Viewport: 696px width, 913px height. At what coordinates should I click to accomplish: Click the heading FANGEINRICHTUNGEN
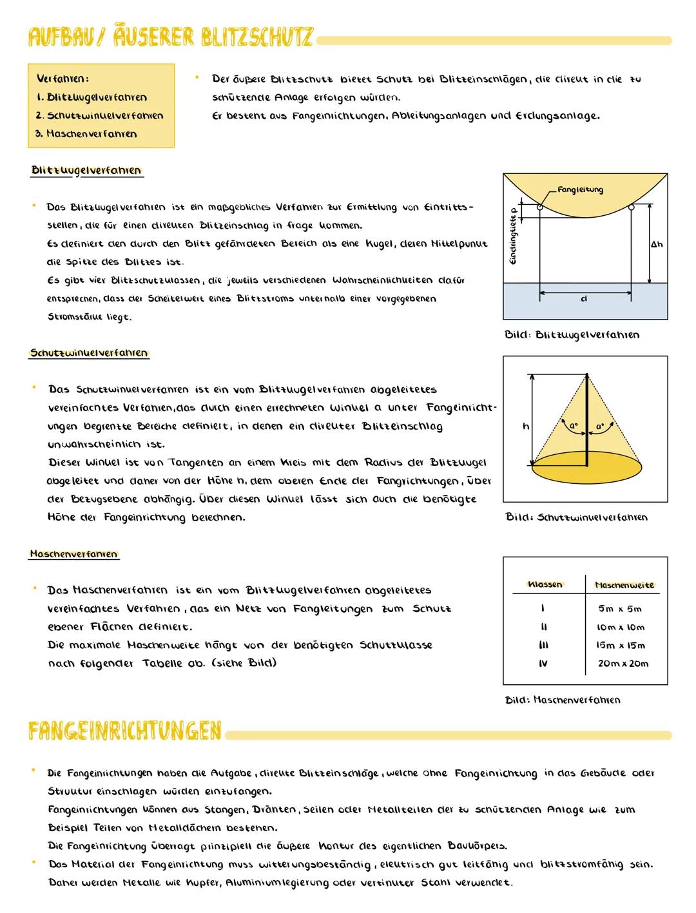click(125, 732)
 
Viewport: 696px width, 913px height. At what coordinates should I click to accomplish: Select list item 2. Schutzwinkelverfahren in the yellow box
click(99, 116)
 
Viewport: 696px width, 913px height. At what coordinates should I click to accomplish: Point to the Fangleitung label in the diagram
click(580, 189)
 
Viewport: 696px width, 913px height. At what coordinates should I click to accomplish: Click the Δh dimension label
click(656, 245)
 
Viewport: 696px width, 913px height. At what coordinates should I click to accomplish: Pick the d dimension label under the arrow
click(584, 299)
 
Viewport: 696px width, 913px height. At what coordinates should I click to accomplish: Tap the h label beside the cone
click(525, 426)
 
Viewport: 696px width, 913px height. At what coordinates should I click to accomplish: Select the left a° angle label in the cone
click(571, 426)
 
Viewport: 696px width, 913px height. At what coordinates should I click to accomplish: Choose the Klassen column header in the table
click(545, 584)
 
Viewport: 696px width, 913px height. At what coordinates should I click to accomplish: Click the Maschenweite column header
click(624, 585)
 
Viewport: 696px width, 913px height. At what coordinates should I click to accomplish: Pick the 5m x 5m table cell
click(619, 608)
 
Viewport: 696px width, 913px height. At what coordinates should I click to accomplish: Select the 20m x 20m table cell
click(623, 663)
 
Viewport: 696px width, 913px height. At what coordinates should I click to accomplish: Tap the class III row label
click(543, 645)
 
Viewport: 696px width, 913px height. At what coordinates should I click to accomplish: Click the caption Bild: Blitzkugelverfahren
click(572, 334)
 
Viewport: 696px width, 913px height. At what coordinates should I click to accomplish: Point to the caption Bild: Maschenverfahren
click(563, 700)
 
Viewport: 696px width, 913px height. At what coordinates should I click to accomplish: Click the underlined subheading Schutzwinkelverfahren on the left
click(89, 353)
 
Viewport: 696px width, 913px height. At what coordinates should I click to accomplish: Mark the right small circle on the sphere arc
click(632, 207)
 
